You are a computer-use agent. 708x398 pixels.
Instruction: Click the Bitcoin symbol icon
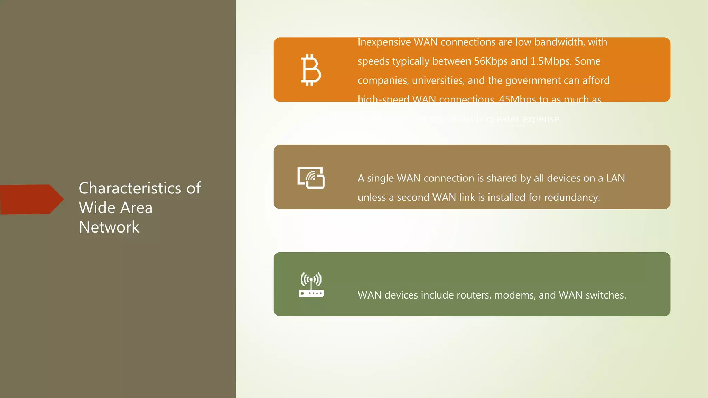point(311,70)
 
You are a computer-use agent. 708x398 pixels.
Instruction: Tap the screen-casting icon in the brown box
point(311,178)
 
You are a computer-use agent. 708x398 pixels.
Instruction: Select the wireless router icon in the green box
point(311,285)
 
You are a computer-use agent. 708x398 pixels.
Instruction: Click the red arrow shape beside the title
point(31,199)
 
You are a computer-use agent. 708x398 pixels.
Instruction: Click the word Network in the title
point(109,227)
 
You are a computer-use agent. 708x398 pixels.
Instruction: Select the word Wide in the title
point(97,208)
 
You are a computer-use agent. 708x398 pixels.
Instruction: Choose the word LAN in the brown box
point(615,178)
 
